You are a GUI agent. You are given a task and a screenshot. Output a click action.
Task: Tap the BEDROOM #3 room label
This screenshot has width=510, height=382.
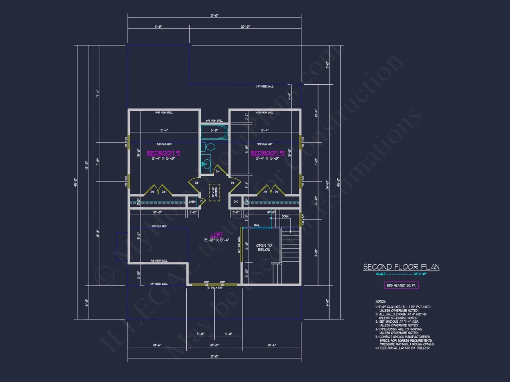[267, 153]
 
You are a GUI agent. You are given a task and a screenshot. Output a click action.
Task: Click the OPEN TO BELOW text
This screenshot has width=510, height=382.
[264, 247]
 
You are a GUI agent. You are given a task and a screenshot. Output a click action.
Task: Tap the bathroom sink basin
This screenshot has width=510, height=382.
[205, 163]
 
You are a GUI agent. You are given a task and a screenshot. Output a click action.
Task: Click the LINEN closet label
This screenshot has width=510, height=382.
[192, 202]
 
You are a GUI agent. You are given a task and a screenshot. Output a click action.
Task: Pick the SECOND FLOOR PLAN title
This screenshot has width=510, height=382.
[401, 267]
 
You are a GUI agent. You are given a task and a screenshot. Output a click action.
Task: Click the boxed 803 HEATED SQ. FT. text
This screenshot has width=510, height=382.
[401, 286]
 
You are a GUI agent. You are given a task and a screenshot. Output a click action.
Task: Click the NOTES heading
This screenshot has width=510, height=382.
[380, 301]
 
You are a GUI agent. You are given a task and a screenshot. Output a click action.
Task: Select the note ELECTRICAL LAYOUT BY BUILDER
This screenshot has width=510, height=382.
[404, 348]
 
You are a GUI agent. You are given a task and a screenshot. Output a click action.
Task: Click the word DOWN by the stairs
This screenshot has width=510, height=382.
[285, 216]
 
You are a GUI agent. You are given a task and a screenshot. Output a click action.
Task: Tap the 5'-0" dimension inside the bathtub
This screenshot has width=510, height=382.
[214, 130]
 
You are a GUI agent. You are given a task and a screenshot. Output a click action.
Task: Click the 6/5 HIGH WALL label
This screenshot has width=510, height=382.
[214, 120]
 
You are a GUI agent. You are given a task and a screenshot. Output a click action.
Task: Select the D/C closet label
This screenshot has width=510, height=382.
[236, 202]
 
